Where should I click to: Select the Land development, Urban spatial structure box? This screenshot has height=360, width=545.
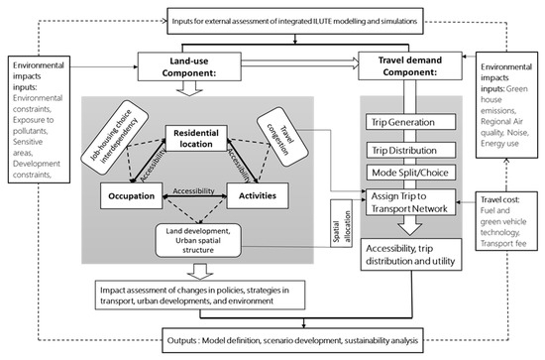206,238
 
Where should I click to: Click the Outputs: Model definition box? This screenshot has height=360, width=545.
277,340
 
